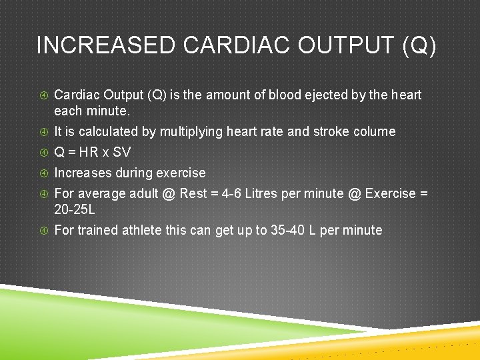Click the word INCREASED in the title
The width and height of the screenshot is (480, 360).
105,45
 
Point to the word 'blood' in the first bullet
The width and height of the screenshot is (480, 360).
285,95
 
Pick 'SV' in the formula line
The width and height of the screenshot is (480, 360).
121,152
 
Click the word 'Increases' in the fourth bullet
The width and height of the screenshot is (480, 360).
81,173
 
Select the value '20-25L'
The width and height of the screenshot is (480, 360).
75,209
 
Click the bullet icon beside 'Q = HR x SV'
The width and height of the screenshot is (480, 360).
43,152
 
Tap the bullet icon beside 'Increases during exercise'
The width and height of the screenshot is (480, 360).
43,173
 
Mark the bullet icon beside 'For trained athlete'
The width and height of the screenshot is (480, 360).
43,230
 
